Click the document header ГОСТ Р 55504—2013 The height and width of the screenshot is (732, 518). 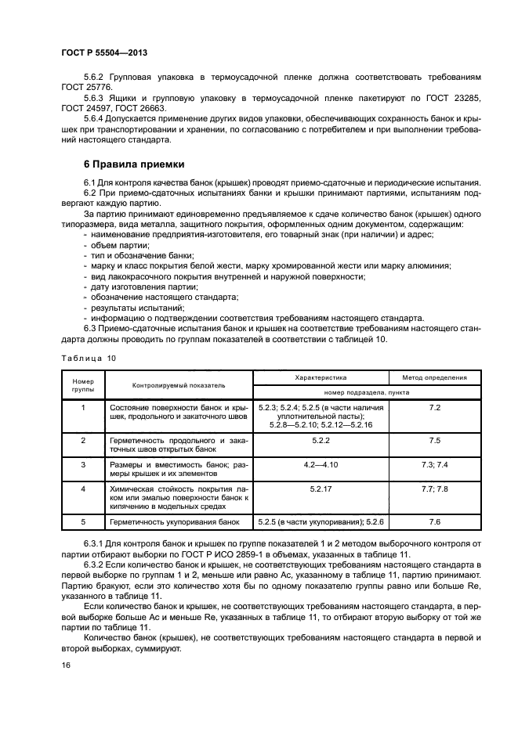coord(104,52)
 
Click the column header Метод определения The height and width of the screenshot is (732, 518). coord(435,377)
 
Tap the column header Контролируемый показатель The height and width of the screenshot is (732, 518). coord(179,385)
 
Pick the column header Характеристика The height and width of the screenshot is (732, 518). coord(320,377)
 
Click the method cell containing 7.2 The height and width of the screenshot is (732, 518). coord(435,408)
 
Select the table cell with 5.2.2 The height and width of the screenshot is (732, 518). coord(320,441)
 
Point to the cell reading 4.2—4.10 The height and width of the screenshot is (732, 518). coord(320,464)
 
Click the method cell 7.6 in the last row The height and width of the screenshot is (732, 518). coord(435,521)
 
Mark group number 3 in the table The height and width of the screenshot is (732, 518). coord(83,464)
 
